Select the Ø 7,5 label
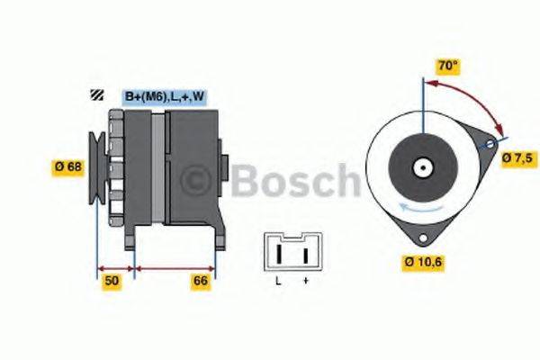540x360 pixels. (517, 158)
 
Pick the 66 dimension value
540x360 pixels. (201, 282)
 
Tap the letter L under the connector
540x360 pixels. (279, 283)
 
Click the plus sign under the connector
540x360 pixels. (306, 283)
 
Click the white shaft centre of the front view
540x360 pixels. (421, 167)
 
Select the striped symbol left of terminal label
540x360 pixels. (96, 95)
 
